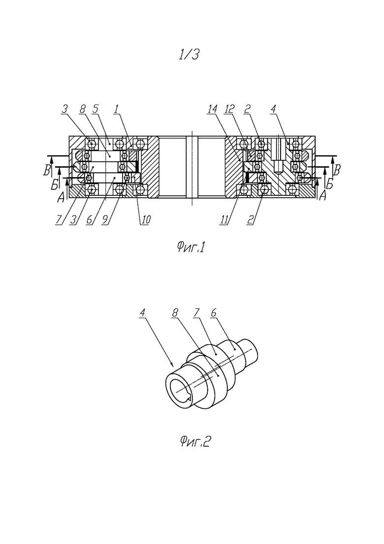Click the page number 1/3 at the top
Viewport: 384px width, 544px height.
point(189,54)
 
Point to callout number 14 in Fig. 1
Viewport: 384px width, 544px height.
point(212,109)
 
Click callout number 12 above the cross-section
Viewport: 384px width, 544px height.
point(229,109)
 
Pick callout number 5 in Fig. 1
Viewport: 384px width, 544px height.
point(95,109)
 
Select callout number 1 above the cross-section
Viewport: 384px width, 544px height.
point(117,109)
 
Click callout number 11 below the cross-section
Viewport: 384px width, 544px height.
point(224,220)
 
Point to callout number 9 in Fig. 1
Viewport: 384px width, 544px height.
point(105,220)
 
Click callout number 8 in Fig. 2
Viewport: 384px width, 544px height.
point(175,313)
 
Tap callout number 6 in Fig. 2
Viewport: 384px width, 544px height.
point(214,313)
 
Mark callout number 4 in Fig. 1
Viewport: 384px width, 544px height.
point(273,109)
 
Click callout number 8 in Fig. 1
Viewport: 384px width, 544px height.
point(82,109)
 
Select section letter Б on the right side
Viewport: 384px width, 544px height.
point(329,184)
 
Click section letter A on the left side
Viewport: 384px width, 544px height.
point(61,197)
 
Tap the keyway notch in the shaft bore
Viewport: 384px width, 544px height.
point(189,399)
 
